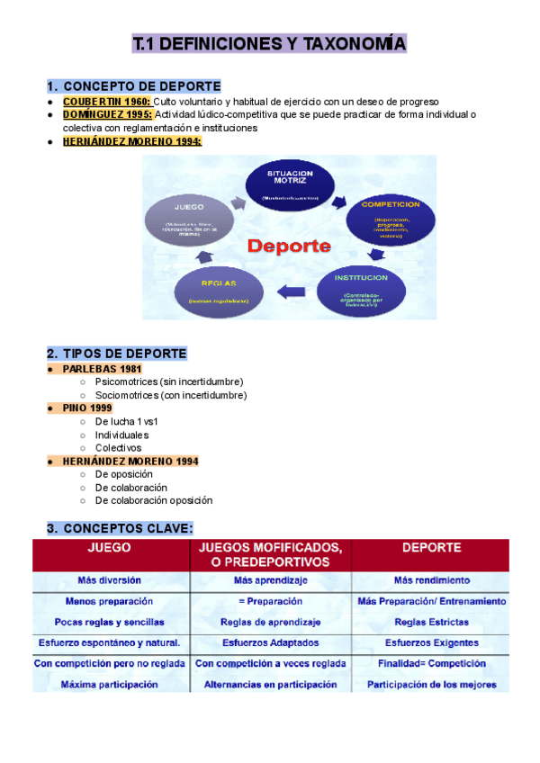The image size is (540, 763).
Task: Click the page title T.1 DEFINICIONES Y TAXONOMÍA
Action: [x=269, y=43]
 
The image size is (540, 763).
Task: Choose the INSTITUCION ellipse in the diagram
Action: [x=364, y=289]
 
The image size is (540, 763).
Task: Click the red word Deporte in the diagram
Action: [x=290, y=245]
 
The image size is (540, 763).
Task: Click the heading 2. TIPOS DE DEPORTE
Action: [x=116, y=353]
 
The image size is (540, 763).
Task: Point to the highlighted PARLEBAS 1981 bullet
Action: [x=102, y=369]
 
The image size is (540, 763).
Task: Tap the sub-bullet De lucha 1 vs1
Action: [x=126, y=421]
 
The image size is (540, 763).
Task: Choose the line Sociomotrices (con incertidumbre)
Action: [x=170, y=395]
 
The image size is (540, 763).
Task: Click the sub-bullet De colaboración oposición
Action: [x=153, y=500]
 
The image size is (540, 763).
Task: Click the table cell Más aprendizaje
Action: [x=270, y=580]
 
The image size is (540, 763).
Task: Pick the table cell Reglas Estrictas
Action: [x=431, y=622]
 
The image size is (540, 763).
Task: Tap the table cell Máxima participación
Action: [x=110, y=684]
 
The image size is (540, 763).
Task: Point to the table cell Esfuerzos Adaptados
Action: [x=270, y=642]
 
